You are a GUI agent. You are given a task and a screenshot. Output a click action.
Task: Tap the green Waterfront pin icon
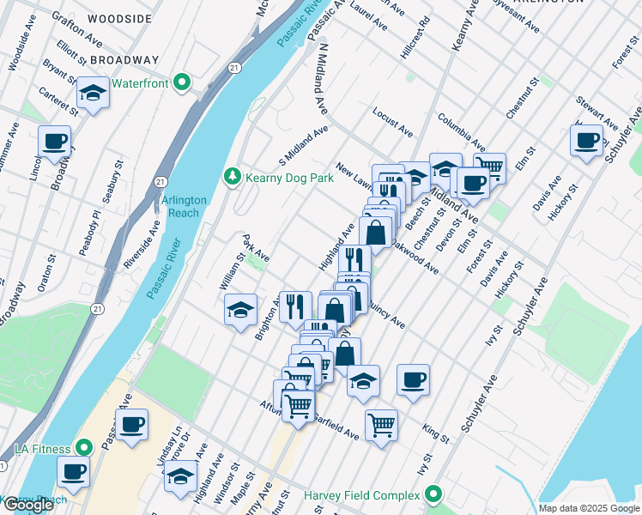pyautogui.click(x=181, y=83)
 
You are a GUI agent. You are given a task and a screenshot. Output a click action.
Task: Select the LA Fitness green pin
pyautogui.click(x=83, y=448)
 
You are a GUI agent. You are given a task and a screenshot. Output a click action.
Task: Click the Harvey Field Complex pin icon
pyautogui.click(x=433, y=495)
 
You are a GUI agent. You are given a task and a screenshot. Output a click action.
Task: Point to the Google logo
pyautogui.click(x=28, y=505)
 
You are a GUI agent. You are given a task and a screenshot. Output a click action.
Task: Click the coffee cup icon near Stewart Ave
pyautogui.click(x=588, y=140)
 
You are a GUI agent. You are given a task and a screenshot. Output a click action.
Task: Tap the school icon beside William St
pyautogui.click(x=240, y=308)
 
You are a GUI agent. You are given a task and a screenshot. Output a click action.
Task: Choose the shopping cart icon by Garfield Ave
pyautogui.click(x=381, y=424)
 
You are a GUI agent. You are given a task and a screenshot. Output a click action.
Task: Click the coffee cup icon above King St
pyautogui.click(x=413, y=379)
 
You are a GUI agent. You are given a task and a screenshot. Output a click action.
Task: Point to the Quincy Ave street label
pyautogui.click(x=385, y=314)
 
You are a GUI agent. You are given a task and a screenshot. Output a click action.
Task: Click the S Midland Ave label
pyautogui.click(x=304, y=147)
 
